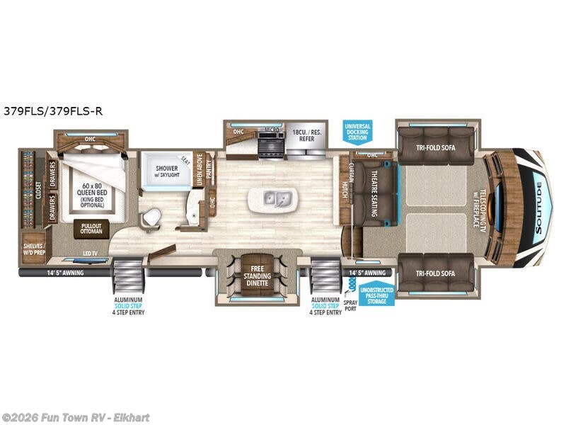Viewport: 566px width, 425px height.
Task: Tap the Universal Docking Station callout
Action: tap(357, 131)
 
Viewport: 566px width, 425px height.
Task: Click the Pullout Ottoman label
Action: tap(91, 228)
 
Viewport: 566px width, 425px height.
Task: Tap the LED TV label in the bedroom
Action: tap(90, 254)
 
